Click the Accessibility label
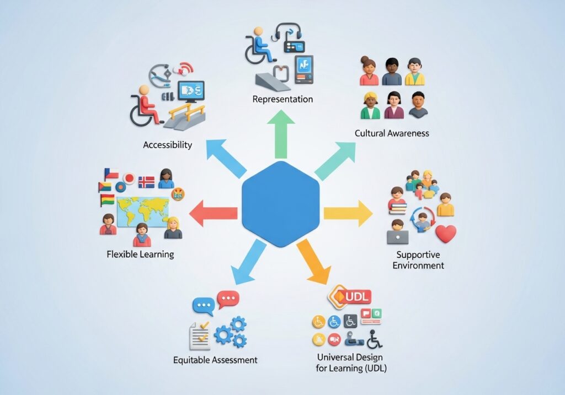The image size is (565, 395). tap(168, 145)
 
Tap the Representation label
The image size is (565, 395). tap(282, 99)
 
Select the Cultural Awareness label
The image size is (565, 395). tap(392, 133)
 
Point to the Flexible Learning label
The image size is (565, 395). tap(140, 254)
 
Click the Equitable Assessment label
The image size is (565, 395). tap(215, 360)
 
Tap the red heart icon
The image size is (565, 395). tap(445, 233)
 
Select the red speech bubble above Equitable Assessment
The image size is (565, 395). tap(228, 300)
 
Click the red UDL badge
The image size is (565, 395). tap(350, 296)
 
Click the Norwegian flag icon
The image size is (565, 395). tap(146, 182)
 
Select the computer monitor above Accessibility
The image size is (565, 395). tap(191, 91)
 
